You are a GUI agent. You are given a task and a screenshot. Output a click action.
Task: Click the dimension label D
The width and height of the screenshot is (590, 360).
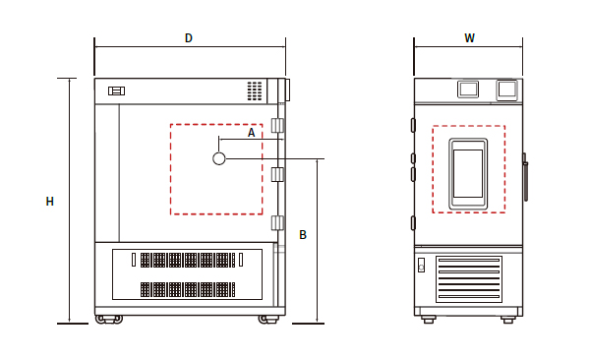tap(189, 38)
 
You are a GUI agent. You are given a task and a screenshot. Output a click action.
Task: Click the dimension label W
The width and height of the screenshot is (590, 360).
tap(469, 37)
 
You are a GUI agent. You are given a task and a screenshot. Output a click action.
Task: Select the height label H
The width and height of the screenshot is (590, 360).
tap(50, 202)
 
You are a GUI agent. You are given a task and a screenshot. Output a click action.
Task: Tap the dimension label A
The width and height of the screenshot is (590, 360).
tap(251, 132)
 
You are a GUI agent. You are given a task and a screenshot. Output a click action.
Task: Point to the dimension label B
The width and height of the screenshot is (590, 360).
tap(303, 235)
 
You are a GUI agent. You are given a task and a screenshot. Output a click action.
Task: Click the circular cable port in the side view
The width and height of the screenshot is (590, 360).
tap(219, 158)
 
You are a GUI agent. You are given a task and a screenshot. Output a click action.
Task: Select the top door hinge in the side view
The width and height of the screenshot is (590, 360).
tap(277, 125)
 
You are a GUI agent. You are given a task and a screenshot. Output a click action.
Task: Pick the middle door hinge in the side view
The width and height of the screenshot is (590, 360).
tap(277, 174)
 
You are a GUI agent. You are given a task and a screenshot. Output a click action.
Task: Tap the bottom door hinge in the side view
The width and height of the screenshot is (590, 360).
tap(277, 222)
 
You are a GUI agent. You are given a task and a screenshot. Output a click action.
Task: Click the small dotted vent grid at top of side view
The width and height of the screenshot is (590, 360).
tap(255, 90)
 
